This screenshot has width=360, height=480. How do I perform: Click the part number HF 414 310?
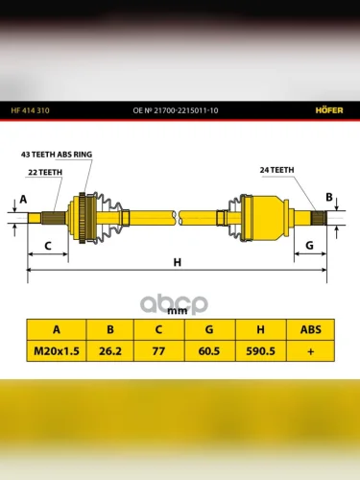click(30, 110)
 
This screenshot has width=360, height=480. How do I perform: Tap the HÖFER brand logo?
click(329, 110)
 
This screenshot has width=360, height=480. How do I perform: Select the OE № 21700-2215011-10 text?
click(176, 110)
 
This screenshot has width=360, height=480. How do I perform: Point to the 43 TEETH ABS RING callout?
click(57, 155)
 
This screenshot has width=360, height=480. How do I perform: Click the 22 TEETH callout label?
click(45, 172)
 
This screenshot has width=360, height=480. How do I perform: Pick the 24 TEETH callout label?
click(276, 170)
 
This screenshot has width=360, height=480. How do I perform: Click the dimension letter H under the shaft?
click(178, 262)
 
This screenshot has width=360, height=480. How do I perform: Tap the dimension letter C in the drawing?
click(48, 246)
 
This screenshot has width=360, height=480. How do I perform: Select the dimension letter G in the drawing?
click(309, 246)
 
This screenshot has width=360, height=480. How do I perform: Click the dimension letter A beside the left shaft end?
click(23, 199)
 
